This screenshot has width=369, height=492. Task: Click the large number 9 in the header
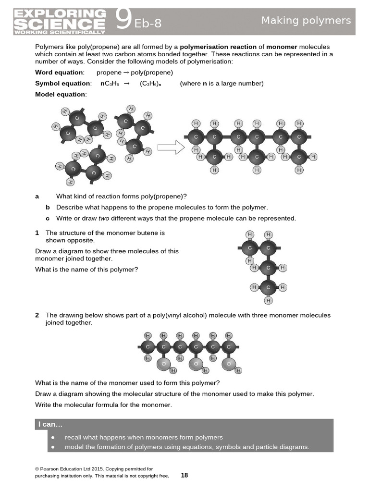click(x=123, y=21)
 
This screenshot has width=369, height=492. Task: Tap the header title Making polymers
click(x=306, y=20)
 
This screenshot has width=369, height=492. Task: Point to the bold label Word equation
click(x=59, y=73)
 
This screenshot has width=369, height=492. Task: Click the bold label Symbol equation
click(x=62, y=84)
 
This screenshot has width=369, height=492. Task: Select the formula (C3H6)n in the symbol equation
click(x=151, y=84)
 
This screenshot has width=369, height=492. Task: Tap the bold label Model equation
click(x=61, y=94)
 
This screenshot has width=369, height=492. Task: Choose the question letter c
click(x=48, y=218)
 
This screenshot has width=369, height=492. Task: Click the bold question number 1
click(x=37, y=233)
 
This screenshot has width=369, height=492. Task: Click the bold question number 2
click(x=37, y=316)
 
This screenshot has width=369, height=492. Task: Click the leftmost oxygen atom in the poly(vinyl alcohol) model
click(x=163, y=364)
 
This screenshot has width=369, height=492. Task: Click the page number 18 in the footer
click(x=184, y=475)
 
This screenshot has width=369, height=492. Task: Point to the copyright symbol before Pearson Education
click(x=37, y=468)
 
